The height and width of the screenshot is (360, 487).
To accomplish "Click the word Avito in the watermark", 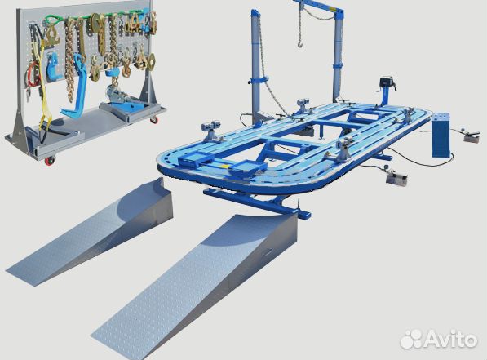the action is (451, 340).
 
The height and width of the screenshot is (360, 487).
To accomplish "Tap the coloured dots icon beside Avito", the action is (411, 340).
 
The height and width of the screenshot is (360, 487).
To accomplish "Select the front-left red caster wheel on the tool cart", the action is (50, 161).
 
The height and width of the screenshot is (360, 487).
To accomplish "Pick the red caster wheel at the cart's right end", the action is (154, 119).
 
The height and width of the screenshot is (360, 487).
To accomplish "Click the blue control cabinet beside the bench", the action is (441, 135).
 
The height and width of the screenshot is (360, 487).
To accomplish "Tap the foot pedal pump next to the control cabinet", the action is (472, 136).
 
